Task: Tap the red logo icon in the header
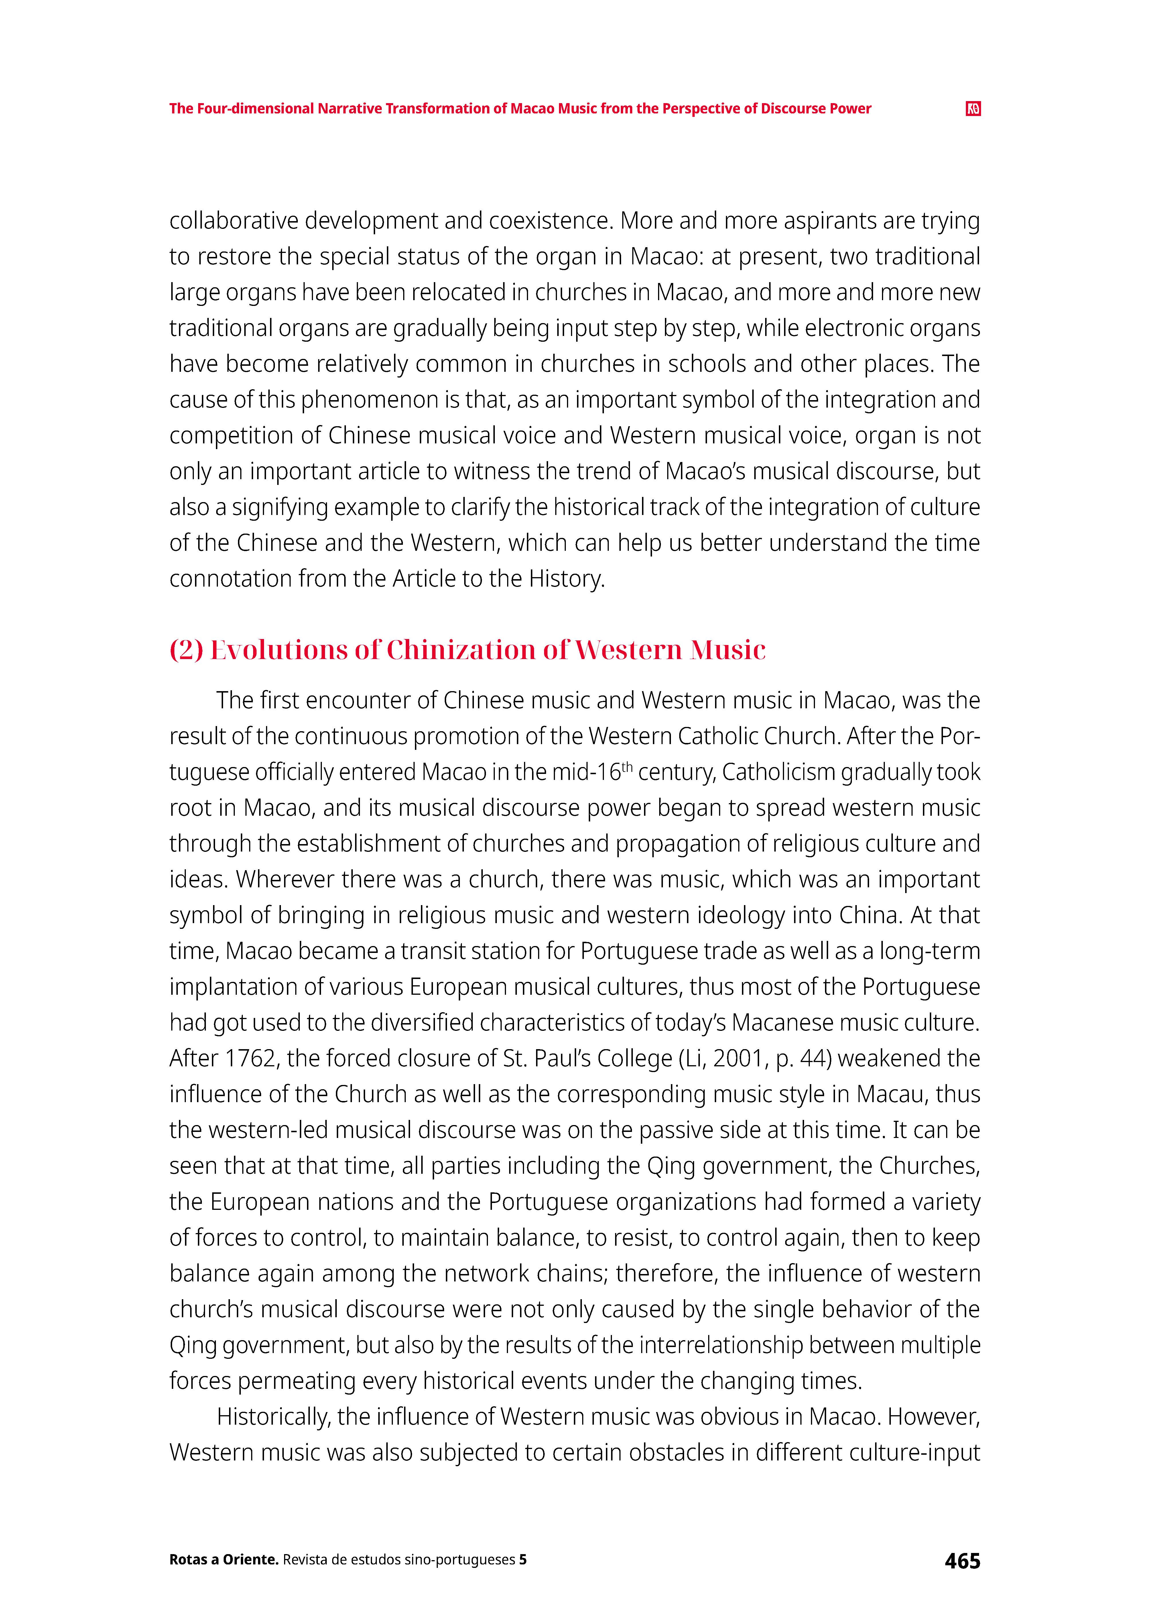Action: (x=973, y=108)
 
